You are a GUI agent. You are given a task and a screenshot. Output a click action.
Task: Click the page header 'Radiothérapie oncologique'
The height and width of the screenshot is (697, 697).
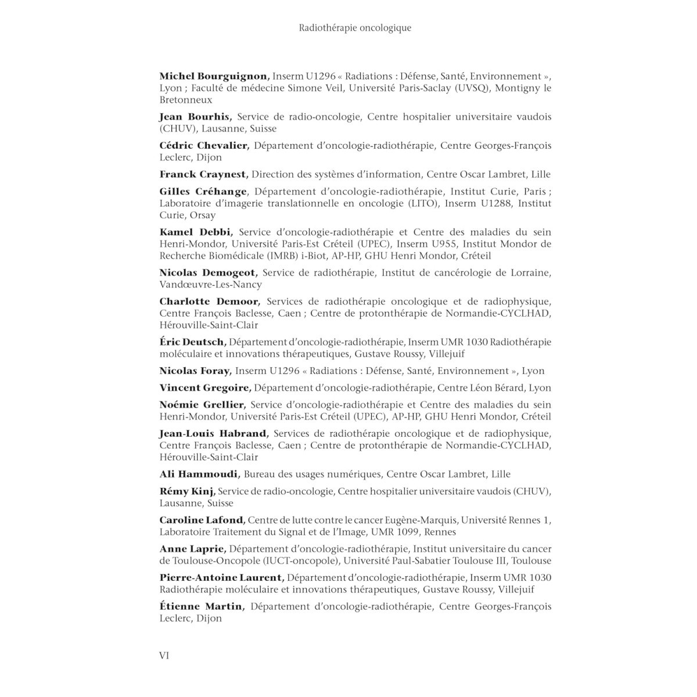[x=355, y=28]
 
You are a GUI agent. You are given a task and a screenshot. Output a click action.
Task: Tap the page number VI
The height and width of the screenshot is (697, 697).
[x=164, y=656]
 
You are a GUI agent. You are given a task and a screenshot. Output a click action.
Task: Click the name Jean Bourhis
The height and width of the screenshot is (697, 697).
[x=195, y=117]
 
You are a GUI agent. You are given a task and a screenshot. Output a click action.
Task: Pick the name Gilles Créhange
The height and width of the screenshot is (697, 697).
[x=203, y=191]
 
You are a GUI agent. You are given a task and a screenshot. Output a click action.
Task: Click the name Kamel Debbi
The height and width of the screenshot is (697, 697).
[x=196, y=231]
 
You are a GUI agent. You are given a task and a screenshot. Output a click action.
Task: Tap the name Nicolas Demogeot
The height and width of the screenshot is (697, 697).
[x=209, y=272]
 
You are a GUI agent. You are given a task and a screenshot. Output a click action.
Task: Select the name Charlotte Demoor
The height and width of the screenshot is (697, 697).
[x=210, y=301]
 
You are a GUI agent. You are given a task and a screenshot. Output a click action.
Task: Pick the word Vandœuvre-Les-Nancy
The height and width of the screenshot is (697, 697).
[x=211, y=285]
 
